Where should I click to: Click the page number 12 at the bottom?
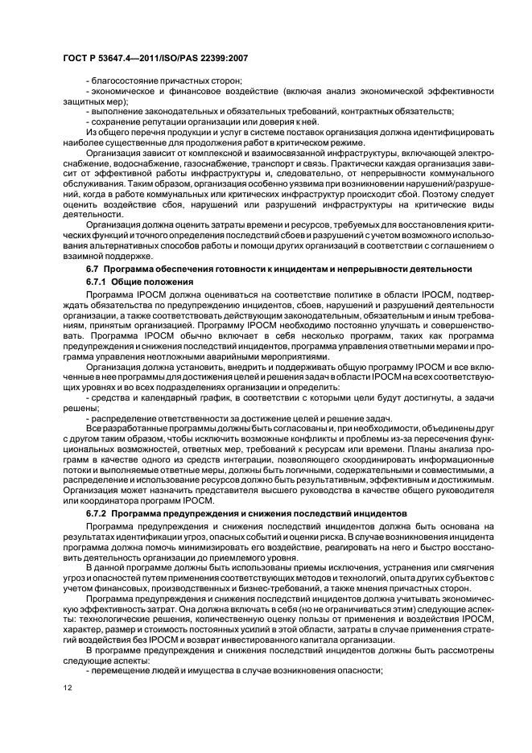coord(68,689)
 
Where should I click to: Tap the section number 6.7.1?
coord(97,282)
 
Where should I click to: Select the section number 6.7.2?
coord(97,512)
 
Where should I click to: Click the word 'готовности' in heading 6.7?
coord(217,268)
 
